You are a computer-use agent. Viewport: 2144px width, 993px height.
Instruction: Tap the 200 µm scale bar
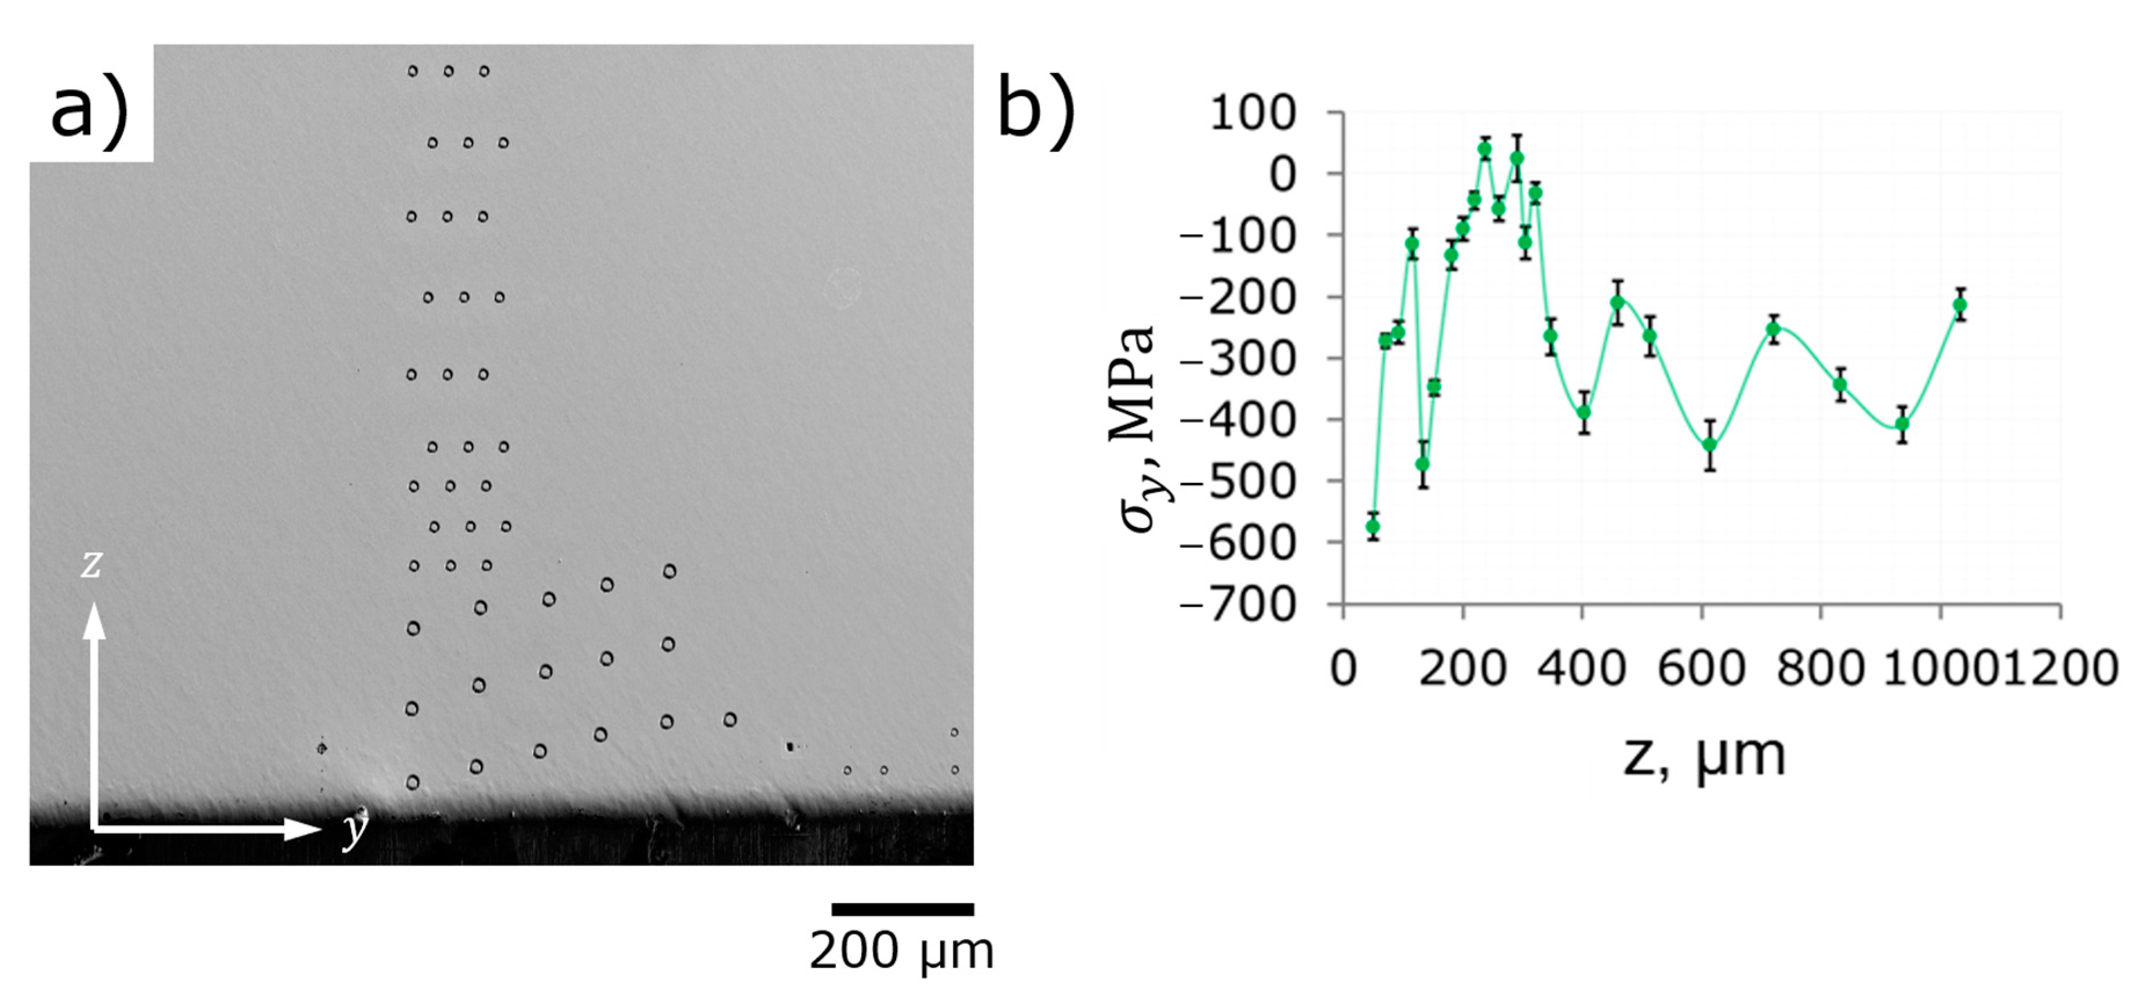tap(902, 909)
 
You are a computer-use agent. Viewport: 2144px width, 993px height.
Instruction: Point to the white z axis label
tap(91, 565)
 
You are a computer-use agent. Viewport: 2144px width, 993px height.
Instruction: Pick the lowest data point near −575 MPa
tap(1373, 526)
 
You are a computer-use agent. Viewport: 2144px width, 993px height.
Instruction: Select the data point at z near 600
tap(1709, 445)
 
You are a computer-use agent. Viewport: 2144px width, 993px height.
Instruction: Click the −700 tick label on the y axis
tap(1237, 604)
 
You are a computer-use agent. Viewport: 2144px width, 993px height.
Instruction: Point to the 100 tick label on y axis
tap(1253, 113)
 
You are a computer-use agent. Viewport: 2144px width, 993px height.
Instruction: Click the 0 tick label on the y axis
tap(1281, 174)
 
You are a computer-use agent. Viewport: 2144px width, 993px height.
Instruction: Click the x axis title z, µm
tap(1705, 756)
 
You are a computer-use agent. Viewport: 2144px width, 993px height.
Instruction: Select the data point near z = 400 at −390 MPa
tap(1584, 412)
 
